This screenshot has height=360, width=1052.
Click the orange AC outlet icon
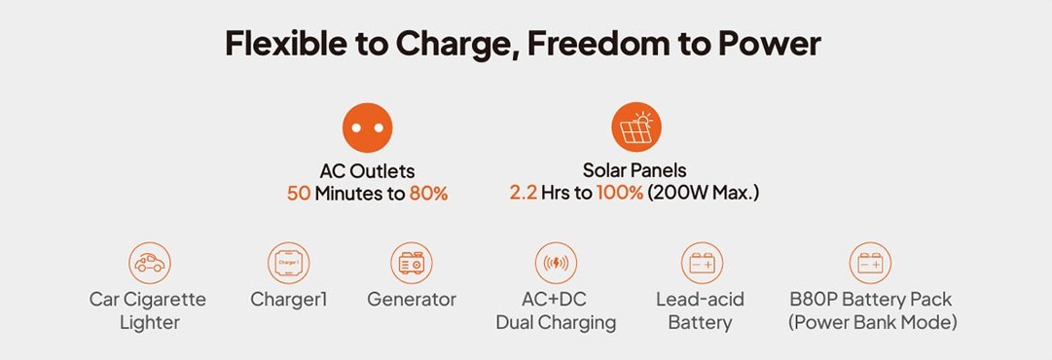pos(367,127)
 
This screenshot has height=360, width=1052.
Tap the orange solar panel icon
pos(636,127)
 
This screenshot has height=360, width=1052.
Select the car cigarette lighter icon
pos(150,263)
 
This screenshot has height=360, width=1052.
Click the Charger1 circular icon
pos(288,263)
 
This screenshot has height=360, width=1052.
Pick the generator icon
pos(412,263)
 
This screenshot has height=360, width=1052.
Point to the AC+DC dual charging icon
pos(557,263)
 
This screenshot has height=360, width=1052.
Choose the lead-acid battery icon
pos(702,263)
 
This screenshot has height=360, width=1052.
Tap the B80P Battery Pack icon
pos(870,263)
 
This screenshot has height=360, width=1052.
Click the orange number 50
pos(299,195)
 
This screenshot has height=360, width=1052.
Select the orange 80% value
pos(428,195)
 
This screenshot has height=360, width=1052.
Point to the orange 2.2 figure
pos(524,194)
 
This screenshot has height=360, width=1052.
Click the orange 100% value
pos(620,194)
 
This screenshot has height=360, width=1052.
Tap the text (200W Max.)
pos(704,194)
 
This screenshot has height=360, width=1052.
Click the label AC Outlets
pos(367,171)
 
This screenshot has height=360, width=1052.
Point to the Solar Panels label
pos(635,170)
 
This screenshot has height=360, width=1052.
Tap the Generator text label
pos(412,299)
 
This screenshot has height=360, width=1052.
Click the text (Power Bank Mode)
pos(872,322)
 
